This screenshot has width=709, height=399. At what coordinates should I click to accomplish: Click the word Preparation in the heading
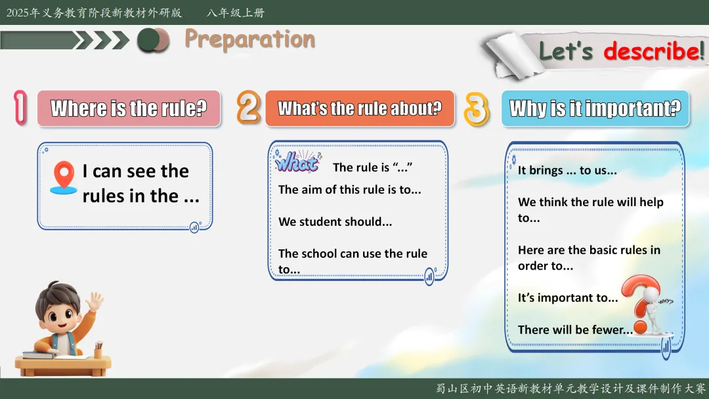249,40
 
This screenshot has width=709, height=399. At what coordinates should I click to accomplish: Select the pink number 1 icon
20,108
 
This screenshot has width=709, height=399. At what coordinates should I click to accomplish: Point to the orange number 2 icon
249,107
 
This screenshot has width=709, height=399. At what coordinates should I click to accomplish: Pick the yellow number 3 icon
477,109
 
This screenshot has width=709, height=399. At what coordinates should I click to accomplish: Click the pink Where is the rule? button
129,108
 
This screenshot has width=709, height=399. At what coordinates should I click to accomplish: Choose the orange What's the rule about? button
360,108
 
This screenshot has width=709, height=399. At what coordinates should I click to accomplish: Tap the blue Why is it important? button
595,108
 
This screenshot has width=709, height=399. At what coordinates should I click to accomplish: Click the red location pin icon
64,178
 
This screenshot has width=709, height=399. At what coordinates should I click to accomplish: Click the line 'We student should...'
335,221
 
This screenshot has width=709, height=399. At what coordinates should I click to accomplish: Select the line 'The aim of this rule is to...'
349,190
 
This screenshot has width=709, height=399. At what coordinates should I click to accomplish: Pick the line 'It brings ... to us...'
567,171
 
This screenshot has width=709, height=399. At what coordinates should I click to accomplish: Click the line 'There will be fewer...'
575,330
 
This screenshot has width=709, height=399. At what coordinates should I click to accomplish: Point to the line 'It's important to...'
567,298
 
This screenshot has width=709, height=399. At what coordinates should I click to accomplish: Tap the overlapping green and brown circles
153,40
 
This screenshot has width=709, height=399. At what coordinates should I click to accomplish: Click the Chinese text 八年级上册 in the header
236,12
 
